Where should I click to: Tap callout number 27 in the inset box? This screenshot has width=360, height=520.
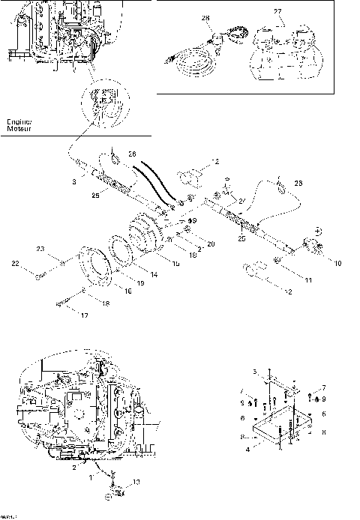point(277,12)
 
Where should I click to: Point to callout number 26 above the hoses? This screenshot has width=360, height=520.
point(132,155)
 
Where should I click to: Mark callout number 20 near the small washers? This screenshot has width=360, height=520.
point(211,244)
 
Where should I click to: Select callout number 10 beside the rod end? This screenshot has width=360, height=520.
point(337,263)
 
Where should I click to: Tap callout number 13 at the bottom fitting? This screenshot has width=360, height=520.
point(136,481)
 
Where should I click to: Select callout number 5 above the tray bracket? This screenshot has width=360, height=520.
point(254,372)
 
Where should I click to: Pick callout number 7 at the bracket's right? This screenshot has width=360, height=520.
point(323,387)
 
